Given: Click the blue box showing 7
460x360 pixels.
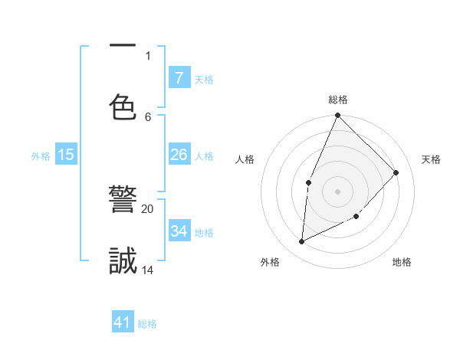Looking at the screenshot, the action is [179, 78].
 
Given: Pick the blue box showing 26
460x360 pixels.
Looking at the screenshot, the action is [179, 155].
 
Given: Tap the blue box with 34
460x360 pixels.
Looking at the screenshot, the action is [179, 231].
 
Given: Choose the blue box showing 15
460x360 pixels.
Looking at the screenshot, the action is [66, 155].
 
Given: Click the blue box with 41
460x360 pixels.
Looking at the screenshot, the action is [123, 323].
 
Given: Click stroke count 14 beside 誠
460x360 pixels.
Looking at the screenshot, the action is [147, 270].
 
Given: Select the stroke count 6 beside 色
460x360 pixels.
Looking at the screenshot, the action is [148, 116].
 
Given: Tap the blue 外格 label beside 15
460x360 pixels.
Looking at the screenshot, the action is [41, 155].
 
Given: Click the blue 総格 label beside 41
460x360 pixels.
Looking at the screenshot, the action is [147, 324].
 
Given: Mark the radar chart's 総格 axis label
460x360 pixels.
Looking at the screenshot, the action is [338, 100].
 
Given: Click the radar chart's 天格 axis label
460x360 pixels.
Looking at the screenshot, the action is [431, 159].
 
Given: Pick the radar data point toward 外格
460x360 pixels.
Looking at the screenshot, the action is [302, 241].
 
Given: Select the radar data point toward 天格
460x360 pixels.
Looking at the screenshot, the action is [396, 172].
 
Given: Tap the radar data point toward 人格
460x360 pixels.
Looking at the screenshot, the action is [308, 182].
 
